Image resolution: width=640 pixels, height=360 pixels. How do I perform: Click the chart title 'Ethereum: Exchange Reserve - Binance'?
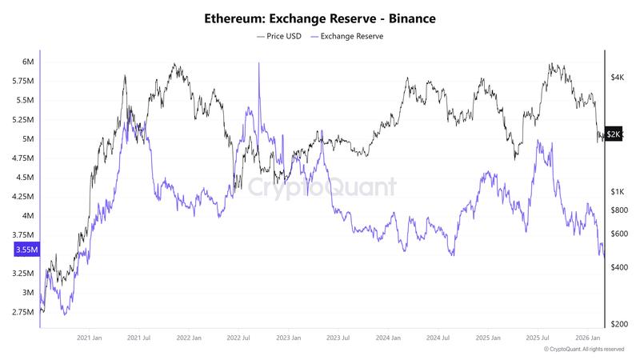tap(320, 18)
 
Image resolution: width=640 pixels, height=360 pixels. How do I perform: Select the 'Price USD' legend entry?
tap(279, 36)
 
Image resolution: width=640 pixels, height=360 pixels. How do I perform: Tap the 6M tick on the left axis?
tap(28, 62)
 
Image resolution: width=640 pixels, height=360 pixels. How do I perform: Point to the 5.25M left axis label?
tap(22, 120)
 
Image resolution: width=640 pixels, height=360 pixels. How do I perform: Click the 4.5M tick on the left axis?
tap(24, 178)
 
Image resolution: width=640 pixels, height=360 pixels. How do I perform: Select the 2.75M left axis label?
tap(22, 312)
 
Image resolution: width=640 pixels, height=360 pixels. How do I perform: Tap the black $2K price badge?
tap(614, 134)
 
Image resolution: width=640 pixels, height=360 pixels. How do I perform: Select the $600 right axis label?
tap(618, 234)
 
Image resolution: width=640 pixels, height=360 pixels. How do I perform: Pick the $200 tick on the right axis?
tap(618, 325)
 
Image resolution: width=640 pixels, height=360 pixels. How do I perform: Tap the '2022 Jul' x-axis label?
tap(238, 338)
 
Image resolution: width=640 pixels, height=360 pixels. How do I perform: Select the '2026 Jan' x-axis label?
tap(589, 338)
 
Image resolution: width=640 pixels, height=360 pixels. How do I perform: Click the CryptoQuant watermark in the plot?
tap(320, 187)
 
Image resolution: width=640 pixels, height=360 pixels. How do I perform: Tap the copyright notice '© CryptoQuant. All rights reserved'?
tap(584, 350)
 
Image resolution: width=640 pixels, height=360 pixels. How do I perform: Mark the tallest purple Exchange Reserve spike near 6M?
tap(259, 64)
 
